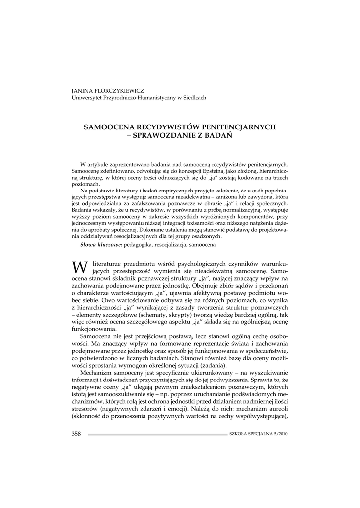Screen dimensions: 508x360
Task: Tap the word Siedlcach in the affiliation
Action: [x=194, y=98]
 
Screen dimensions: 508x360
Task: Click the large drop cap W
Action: [x=79, y=268]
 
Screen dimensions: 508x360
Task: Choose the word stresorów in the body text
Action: [x=85, y=410]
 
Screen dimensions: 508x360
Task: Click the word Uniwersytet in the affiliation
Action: [x=89, y=98]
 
